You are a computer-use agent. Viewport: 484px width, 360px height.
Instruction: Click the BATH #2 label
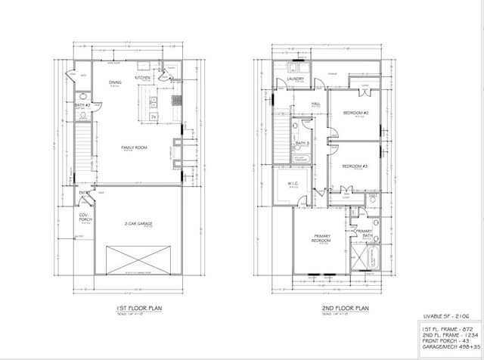(x=84, y=104)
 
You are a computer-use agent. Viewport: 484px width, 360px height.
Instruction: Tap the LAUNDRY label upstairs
(x=295, y=79)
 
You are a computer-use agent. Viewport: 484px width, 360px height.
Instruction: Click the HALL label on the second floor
(x=318, y=104)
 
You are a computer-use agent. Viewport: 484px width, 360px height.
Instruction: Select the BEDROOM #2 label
(x=355, y=113)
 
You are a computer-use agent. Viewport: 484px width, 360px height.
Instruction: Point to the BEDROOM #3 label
(x=354, y=166)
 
